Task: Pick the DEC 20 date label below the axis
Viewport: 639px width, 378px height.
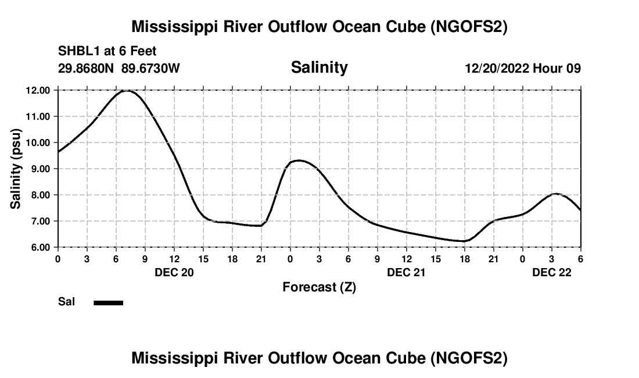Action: (174, 272)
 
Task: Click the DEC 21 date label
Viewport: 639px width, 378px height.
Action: (407, 272)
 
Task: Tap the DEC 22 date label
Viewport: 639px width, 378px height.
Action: (552, 272)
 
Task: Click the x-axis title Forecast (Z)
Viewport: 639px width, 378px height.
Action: (319, 287)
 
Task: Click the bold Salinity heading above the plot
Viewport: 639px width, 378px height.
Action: (319, 67)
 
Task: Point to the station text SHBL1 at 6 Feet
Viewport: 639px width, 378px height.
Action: (107, 52)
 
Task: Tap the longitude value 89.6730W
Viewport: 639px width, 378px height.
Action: (150, 69)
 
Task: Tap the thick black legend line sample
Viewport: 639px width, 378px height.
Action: (109, 302)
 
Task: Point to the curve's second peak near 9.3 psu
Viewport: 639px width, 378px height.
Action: (299, 160)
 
